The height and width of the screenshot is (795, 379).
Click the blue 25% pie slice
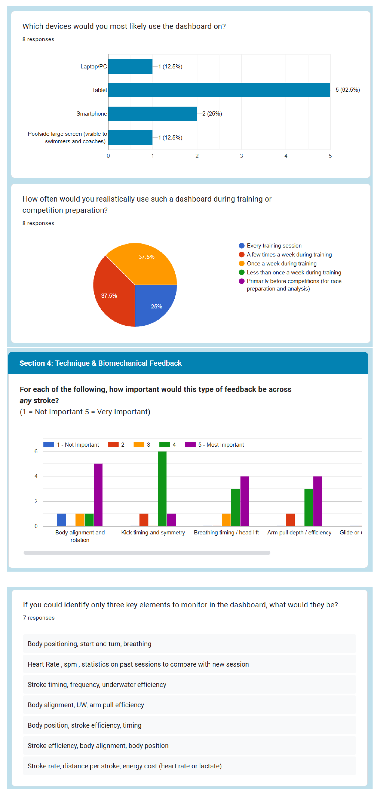tap(154, 304)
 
